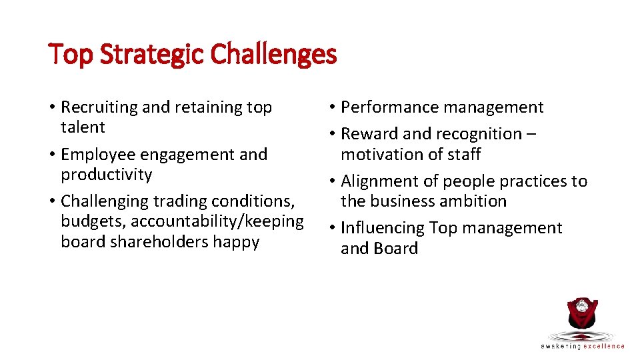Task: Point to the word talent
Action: [x=83, y=127]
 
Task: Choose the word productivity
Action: [x=106, y=175]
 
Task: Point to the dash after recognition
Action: [x=530, y=134]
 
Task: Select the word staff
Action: [x=464, y=155]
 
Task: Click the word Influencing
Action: [x=382, y=228]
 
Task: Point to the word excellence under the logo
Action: [x=604, y=346]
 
